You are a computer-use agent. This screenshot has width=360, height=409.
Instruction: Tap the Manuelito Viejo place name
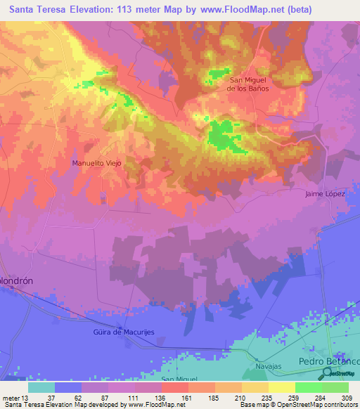click(x=97, y=162)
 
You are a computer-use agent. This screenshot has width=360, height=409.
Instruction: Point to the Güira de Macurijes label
click(x=124, y=332)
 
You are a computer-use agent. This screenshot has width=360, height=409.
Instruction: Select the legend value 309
click(x=348, y=397)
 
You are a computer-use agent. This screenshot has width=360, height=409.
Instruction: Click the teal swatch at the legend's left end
click(x=41, y=387)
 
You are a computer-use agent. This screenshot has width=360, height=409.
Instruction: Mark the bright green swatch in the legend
click(x=309, y=387)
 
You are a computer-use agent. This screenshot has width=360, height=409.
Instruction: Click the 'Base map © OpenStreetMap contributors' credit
click(x=298, y=405)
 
